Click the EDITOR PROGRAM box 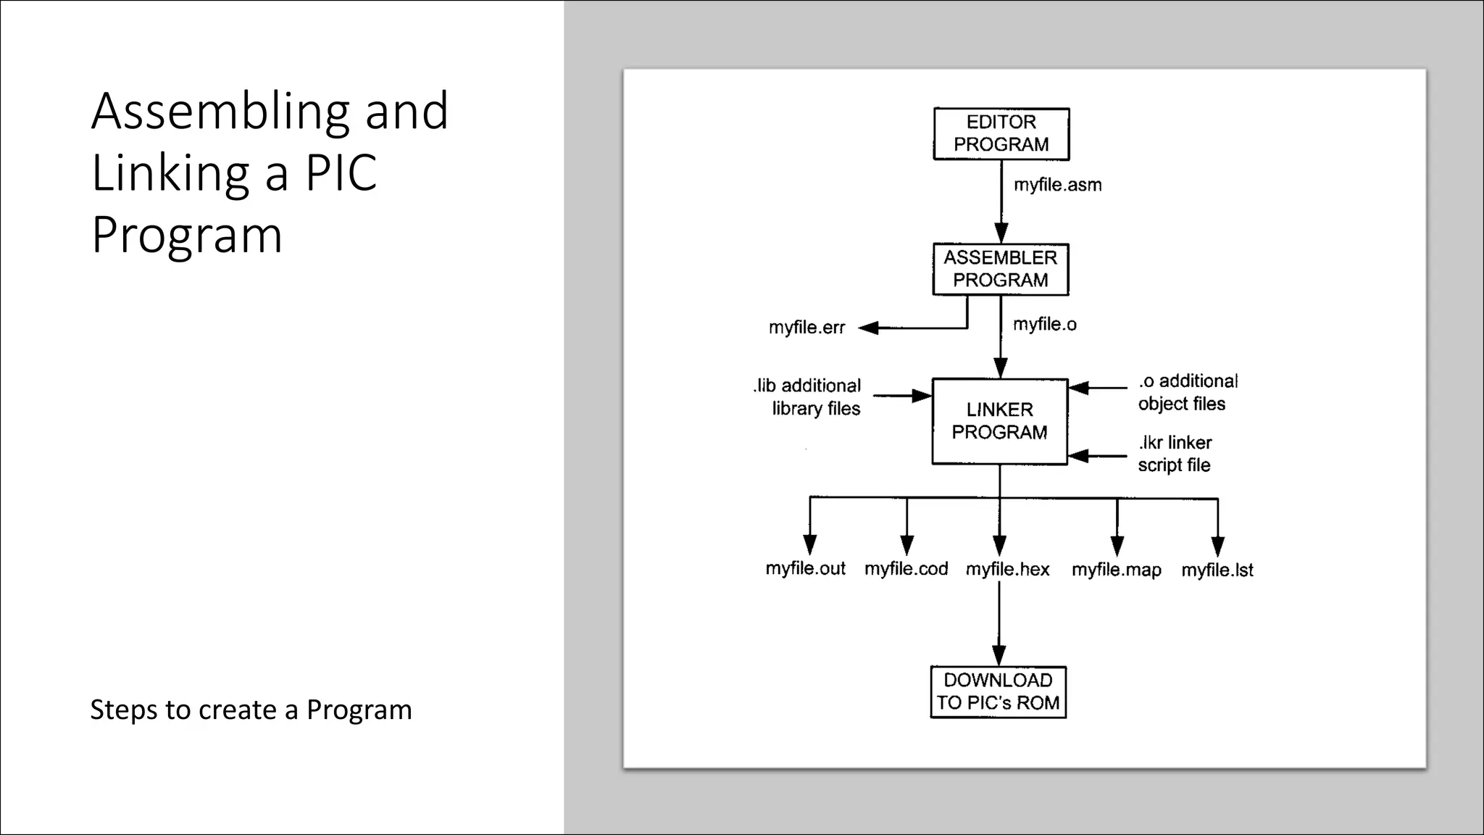[1001, 133]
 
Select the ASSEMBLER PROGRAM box [1000, 269]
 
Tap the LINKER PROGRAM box [999, 421]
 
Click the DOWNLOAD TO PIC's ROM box [998, 691]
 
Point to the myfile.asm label [1057, 185]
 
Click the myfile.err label [806, 328]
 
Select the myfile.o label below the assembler [1044, 324]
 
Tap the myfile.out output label [805, 568]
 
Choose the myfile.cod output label [906, 569]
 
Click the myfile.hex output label [1007, 570]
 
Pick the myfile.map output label [1116, 570]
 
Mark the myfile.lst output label [1217, 570]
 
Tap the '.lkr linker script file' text [1175, 453]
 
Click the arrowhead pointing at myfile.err [868, 328]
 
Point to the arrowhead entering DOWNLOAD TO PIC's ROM [999, 655]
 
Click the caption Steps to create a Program [251, 710]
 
